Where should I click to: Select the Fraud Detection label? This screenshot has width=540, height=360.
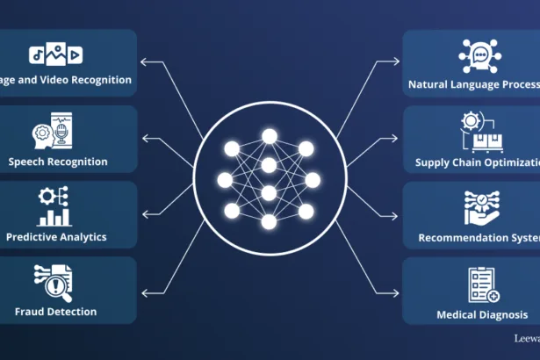tap(56, 312)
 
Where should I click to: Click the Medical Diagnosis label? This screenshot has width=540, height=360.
tap(482, 314)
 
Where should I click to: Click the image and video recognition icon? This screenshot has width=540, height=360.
tap(56, 55)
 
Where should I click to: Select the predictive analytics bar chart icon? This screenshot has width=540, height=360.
tap(55, 207)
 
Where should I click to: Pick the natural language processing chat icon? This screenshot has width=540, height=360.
tap(479, 55)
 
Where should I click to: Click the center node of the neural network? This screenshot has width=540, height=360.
tap(270, 192)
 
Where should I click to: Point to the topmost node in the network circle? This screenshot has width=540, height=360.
tap(270, 136)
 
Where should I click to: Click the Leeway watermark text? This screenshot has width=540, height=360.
tap(527, 337)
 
